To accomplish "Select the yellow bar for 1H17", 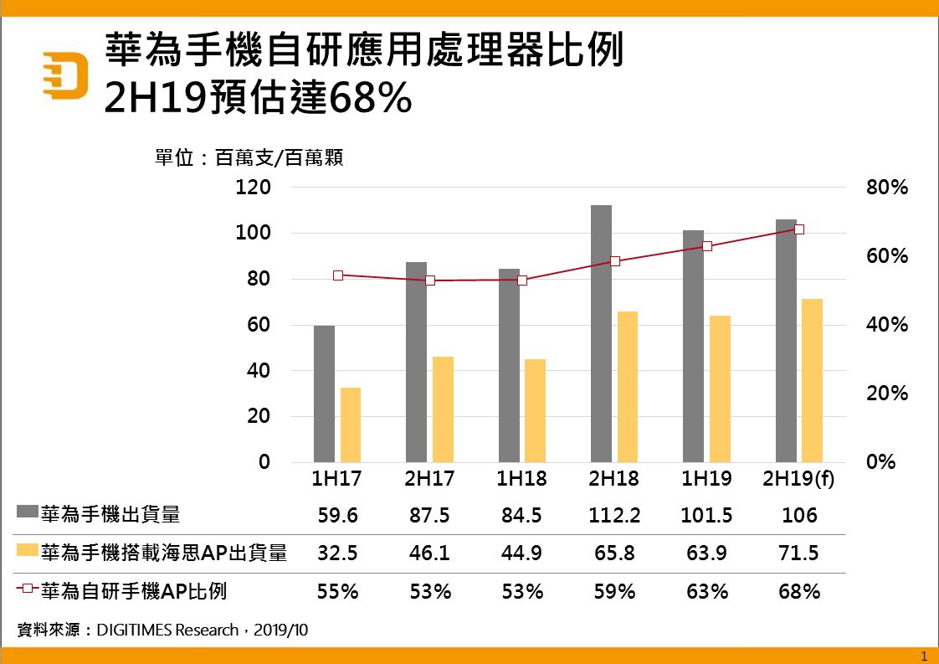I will pyautogui.click(x=350, y=425).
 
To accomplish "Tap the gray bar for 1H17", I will pyautogui.click(x=324, y=394).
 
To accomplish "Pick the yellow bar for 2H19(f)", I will pyautogui.click(x=812, y=380).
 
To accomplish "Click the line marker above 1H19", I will pyautogui.click(x=707, y=246).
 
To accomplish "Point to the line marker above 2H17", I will pyautogui.click(x=430, y=281).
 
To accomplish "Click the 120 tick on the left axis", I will pyautogui.click(x=253, y=188).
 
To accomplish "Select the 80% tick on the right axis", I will pyautogui.click(x=887, y=188).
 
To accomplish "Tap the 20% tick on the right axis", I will pyautogui.click(x=887, y=394).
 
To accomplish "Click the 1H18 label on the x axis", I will pyautogui.click(x=522, y=479).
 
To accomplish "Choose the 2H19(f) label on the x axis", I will pyautogui.click(x=799, y=479).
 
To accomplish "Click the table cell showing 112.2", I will pyautogui.click(x=614, y=515).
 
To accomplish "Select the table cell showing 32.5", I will pyautogui.click(x=338, y=553).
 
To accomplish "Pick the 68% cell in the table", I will pyautogui.click(x=799, y=592).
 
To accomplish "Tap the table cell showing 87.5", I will pyautogui.click(x=430, y=515).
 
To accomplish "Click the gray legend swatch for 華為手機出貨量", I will pyautogui.click(x=27, y=512).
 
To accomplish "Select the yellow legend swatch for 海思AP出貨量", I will pyautogui.click(x=27, y=551).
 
